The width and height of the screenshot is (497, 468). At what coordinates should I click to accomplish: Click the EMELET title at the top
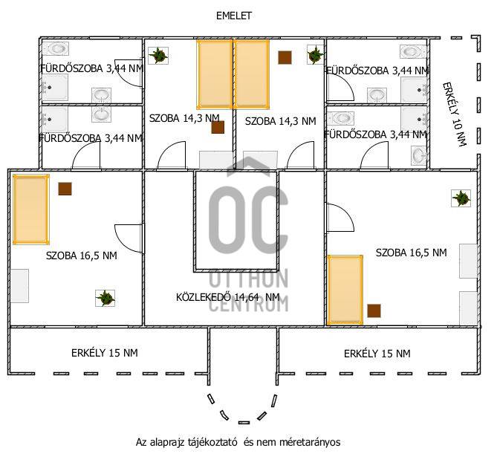coord(234,16)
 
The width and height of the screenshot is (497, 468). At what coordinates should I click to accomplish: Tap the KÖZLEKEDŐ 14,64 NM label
coord(228,297)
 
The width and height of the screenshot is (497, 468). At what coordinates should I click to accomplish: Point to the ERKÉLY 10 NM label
coord(455,114)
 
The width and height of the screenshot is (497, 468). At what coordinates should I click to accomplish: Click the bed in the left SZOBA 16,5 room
coord(31,209)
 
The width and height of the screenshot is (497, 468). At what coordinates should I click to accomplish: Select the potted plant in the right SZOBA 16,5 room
coord(461,198)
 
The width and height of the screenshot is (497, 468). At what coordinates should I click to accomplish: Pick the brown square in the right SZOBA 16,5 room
coord(374,311)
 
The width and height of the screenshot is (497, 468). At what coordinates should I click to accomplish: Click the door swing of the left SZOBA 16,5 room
coord(128,238)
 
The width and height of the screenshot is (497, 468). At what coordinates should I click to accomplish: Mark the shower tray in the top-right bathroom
coord(414,90)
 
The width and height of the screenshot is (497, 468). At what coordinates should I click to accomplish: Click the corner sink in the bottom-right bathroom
coord(419,155)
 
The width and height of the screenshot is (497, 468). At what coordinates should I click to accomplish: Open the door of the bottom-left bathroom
coord(86,155)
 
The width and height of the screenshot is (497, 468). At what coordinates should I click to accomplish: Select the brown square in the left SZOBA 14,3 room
coord(218,127)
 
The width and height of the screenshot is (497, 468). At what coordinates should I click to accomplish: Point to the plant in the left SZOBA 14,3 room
coord(158,56)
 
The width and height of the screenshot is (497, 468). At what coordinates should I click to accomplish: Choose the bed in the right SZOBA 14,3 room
coord(252,74)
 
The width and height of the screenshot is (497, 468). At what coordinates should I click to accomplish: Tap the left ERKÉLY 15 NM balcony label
coord(105,353)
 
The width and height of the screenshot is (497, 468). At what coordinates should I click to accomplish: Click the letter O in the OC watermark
coord(227,220)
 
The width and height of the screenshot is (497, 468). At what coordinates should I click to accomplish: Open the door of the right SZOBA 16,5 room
coord(340,218)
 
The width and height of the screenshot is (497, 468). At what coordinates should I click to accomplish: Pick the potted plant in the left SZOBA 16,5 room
coord(105,298)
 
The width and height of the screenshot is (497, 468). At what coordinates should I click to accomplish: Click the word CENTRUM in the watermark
coord(249,304)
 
